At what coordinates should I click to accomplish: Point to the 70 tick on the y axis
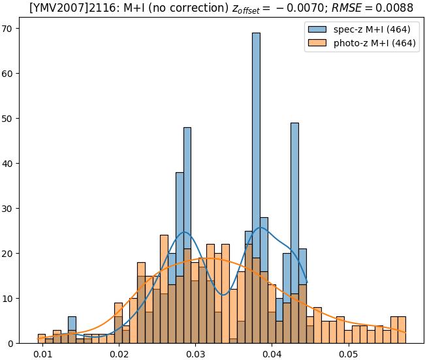pos(10,29)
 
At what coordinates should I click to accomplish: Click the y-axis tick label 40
pos(10,164)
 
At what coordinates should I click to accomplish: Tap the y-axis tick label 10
pos(10,299)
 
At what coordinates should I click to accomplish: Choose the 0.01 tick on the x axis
pos(44,354)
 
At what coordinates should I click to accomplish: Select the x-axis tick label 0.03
pos(196,354)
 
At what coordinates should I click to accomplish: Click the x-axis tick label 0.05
pos(349,354)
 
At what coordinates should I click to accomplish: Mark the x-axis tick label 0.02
pos(119,354)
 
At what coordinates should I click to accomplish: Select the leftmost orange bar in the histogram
pos(42,339)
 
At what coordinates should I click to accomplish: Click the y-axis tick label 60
pos(10,74)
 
